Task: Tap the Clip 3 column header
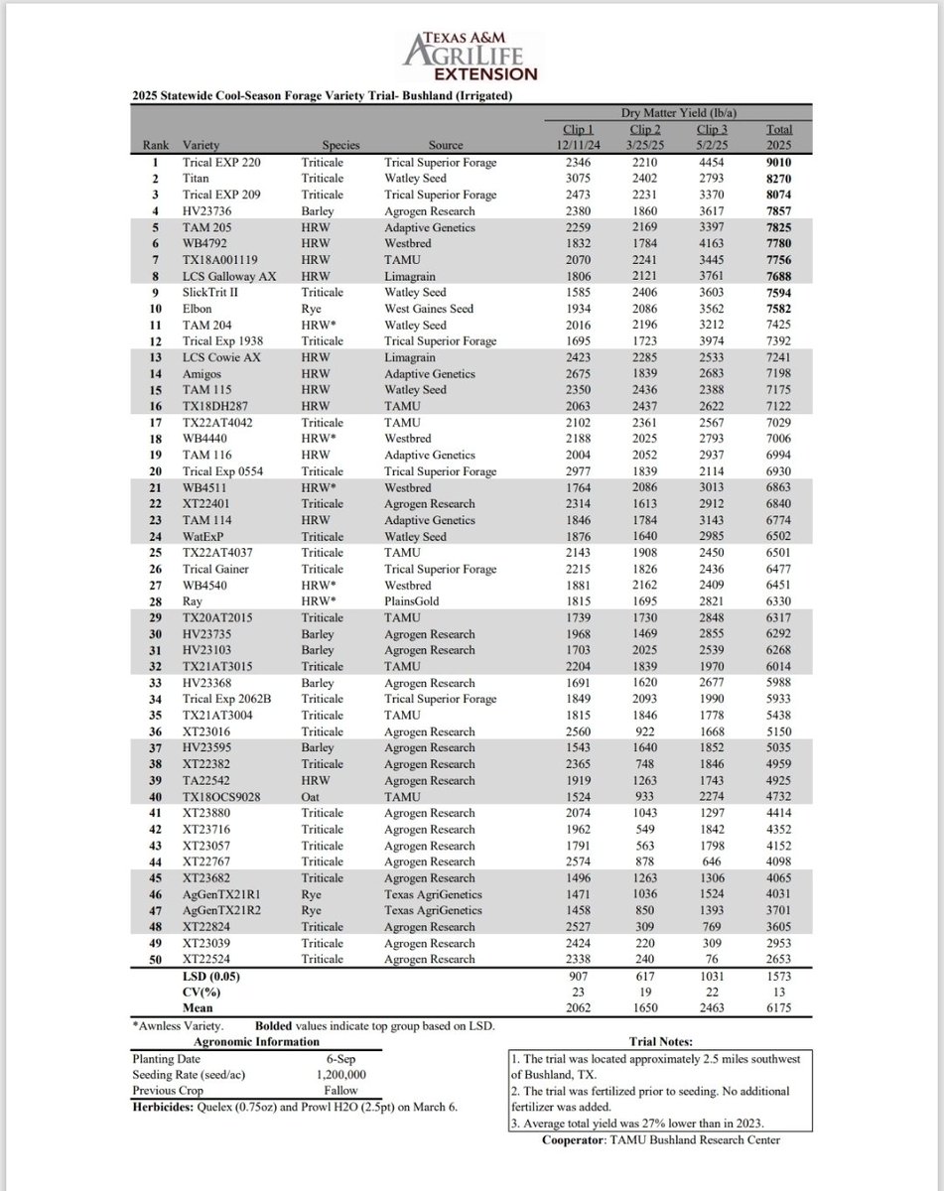coord(712,129)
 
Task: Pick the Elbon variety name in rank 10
coord(200,308)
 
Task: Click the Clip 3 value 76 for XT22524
coord(712,960)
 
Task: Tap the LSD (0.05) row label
coord(210,977)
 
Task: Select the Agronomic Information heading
coord(258,1042)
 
